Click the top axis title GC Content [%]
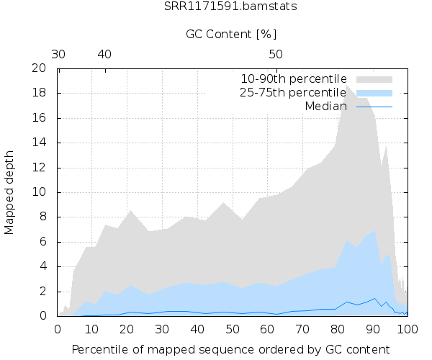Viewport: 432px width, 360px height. [231, 34]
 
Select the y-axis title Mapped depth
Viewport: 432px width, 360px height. [10, 192]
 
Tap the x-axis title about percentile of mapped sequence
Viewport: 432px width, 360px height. [231, 349]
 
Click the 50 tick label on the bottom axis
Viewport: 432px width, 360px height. [233, 329]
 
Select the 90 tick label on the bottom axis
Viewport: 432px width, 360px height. [372, 329]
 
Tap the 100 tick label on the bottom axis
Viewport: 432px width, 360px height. [408, 329]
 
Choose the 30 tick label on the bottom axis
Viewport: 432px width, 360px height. [163, 329]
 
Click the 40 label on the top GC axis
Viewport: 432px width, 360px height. [104, 54]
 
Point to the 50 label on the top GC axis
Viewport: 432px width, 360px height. [276, 54]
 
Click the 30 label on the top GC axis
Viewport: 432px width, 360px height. [59, 54]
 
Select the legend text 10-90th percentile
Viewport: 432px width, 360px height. [294, 78]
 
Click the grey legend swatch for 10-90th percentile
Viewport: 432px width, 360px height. [374, 78]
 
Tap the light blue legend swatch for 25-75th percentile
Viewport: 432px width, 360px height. [374, 92]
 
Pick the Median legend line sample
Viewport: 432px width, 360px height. [374, 107]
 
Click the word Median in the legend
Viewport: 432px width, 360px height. [325, 106]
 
